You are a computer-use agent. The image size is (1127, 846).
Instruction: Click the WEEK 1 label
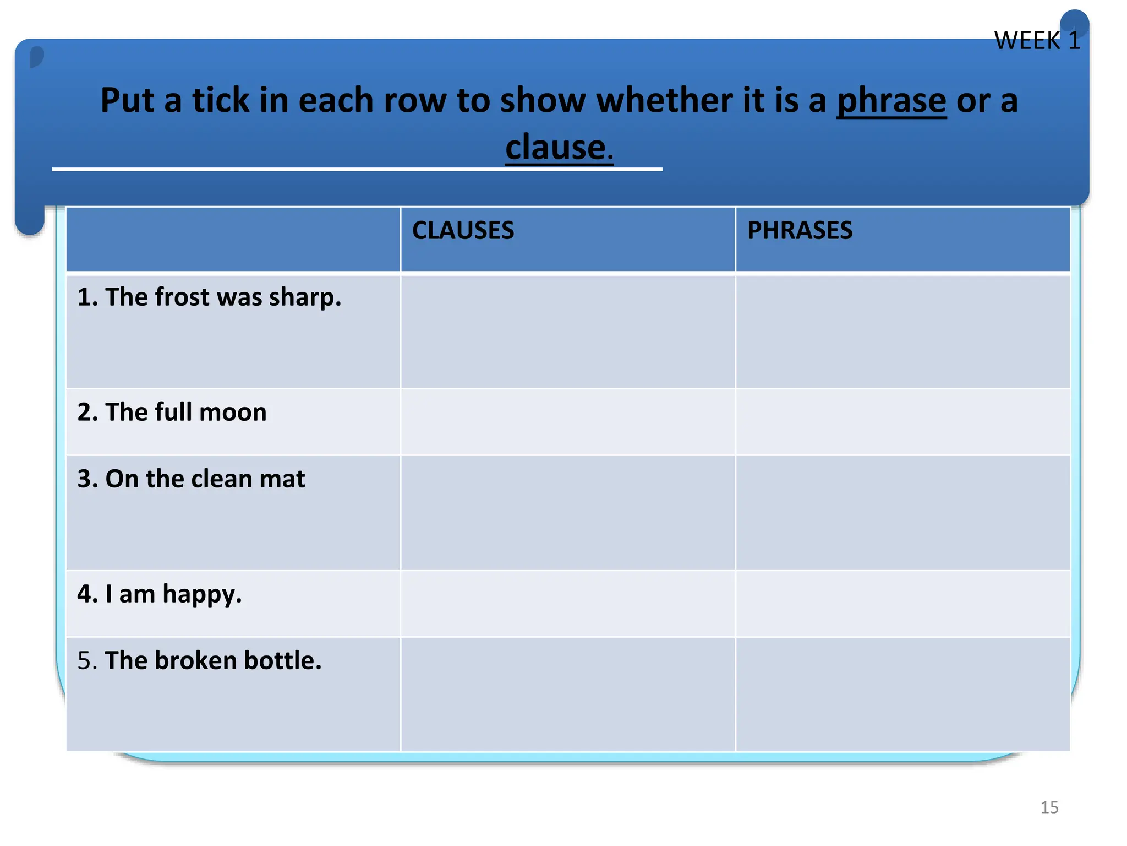click(x=1037, y=41)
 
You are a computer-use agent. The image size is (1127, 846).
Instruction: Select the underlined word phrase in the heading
click(x=891, y=101)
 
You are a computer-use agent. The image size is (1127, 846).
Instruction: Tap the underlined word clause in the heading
click(x=556, y=148)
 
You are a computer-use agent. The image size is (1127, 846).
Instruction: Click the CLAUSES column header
click(x=463, y=230)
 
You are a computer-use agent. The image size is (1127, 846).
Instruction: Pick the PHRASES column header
click(x=800, y=230)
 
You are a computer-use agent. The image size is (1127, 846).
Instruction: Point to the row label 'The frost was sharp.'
click(x=209, y=297)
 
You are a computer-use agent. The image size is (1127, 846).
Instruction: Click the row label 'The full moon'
click(x=172, y=412)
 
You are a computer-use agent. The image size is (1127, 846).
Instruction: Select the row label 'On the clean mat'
click(x=191, y=479)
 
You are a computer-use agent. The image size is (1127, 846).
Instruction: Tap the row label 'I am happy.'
click(x=160, y=594)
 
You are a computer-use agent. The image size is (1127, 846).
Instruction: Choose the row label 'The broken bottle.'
click(x=199, y=660)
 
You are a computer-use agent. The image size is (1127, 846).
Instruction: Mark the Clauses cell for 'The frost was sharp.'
click(x=567, y=332)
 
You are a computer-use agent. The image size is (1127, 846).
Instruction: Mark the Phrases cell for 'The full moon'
click(x=902, y=422)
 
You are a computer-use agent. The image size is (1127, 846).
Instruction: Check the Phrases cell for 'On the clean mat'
click(x=902, y=513)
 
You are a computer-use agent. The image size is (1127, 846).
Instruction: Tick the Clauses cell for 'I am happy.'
click(x=567, y=604)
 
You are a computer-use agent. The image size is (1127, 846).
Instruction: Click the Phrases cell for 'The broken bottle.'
click(x=902, y=694)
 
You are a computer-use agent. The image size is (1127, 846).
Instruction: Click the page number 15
click(x=1049, y=807)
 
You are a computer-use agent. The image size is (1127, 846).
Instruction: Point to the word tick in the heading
click(x=220, y=101)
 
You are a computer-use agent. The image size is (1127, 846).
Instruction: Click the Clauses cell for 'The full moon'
click(x=567, y=422)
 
